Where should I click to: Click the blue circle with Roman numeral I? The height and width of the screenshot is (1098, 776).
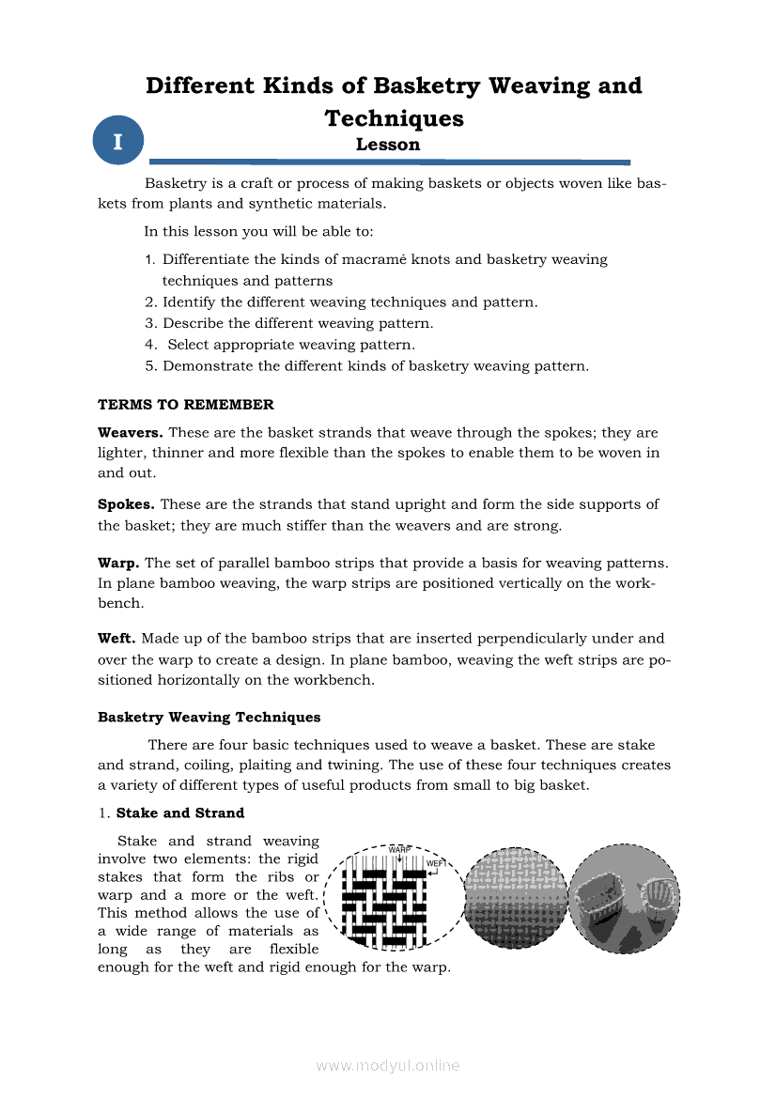pyautogui.click(x=117, y=142)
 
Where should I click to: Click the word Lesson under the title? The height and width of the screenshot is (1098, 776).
pyautogui.click(x=388, y=145)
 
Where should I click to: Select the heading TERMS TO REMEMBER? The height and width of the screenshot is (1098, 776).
pyautogui.click(x=186, y=405)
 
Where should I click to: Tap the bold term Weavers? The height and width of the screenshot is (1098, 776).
pyautogui.click(x=131, y=433)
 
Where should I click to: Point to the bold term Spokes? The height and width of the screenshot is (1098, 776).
pyautogui.click(x=127, y=504)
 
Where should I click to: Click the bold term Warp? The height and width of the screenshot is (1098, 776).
pyautogui.click(x=118, y=563)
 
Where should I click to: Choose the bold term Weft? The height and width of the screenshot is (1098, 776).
pyautogui.click(x=117, y=639)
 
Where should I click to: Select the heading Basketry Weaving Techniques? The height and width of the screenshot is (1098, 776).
pyautogui.click(x=210, y=718)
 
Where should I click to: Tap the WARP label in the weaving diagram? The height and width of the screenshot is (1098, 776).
pyautogui.click(x=400, y=849)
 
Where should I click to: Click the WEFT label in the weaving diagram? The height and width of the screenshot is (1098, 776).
pyautogui.click(x=436, y=863)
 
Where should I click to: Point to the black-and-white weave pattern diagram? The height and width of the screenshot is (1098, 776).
pyautogui.click(x=385, y=902)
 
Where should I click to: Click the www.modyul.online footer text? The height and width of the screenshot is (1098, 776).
pyautogui.click(x=388, y=1065)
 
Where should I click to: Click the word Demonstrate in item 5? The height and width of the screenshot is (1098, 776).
pyautogui.click(x=208, y=366)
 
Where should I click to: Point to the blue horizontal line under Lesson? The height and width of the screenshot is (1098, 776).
pyautogui.click(x=389, y=162)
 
